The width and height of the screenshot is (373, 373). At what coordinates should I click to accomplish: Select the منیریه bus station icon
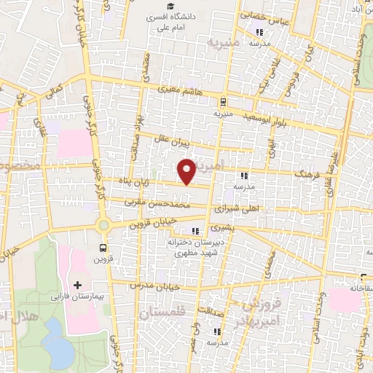pos(222,102)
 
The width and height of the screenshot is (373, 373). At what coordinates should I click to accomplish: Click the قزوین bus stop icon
pos(103,248)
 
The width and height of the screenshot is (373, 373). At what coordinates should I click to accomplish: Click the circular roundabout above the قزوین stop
pos(103,225)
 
